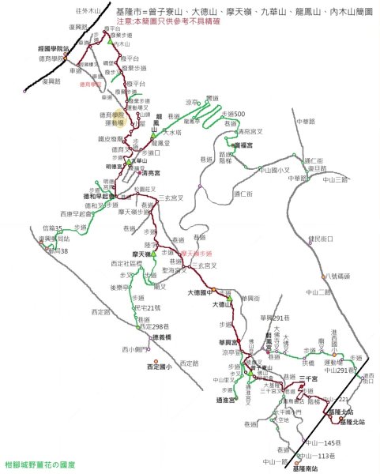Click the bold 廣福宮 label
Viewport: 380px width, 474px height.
241,145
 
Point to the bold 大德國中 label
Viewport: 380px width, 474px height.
201,292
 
